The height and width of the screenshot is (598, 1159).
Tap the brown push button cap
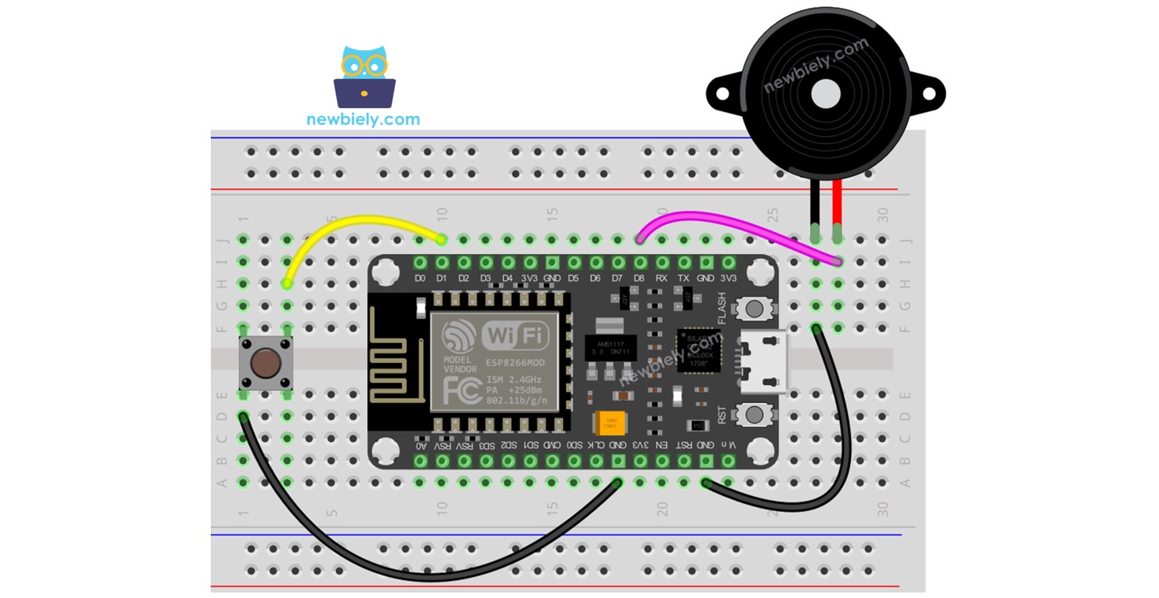[x=266, y=362]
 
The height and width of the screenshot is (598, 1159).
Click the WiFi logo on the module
[x=515, y=336]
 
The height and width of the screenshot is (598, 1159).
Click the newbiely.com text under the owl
[x=363, y=120]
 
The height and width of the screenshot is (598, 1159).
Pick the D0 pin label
[x=420, y=277]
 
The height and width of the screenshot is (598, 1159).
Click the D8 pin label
[x=639, y=277]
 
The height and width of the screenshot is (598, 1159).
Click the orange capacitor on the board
[x=610, y=424]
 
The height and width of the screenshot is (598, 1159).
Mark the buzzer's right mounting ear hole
[x=929, y=94]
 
